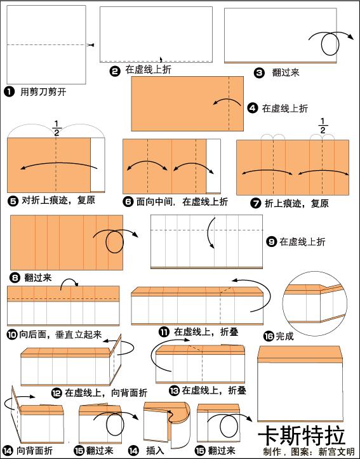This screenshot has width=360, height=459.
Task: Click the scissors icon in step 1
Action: (x=92, y=45)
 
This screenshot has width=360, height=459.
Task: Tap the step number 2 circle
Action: (x=115, y=71)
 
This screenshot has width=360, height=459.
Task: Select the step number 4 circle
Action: (x=253, y=109)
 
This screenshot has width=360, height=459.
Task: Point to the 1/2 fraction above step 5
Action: (x=57, y=128)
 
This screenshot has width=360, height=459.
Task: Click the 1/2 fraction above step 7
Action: (x=323, y=126)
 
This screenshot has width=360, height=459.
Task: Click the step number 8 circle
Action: (x=15, y=277)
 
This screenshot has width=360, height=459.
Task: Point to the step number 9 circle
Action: (x=271, y=242)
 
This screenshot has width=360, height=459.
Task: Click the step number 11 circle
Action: (x=164, y=331)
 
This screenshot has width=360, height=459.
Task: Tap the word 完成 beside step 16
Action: (x=285, y=336)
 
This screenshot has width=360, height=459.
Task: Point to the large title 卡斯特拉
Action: (x=302, y=436)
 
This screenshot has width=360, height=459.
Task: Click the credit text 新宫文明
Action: (x=337, y=452)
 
